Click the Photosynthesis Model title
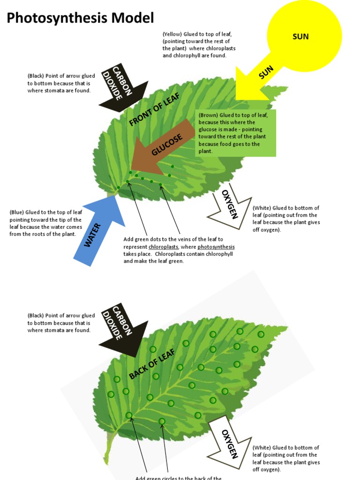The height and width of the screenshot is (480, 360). [x=80, y=18]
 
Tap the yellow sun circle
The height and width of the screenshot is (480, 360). [x=304, y=35]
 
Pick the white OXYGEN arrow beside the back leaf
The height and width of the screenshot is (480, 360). [x=230, y=443]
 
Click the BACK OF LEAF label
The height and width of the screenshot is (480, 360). [x=152, y=364]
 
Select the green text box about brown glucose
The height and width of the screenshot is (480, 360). [x=235, y=133]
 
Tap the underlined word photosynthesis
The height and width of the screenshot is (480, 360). [x=216, y=247]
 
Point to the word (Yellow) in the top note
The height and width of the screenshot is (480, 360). [x=172, y=34]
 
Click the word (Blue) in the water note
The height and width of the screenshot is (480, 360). [x=17, y=212]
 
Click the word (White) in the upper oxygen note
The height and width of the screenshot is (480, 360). [x=262, y=208]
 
